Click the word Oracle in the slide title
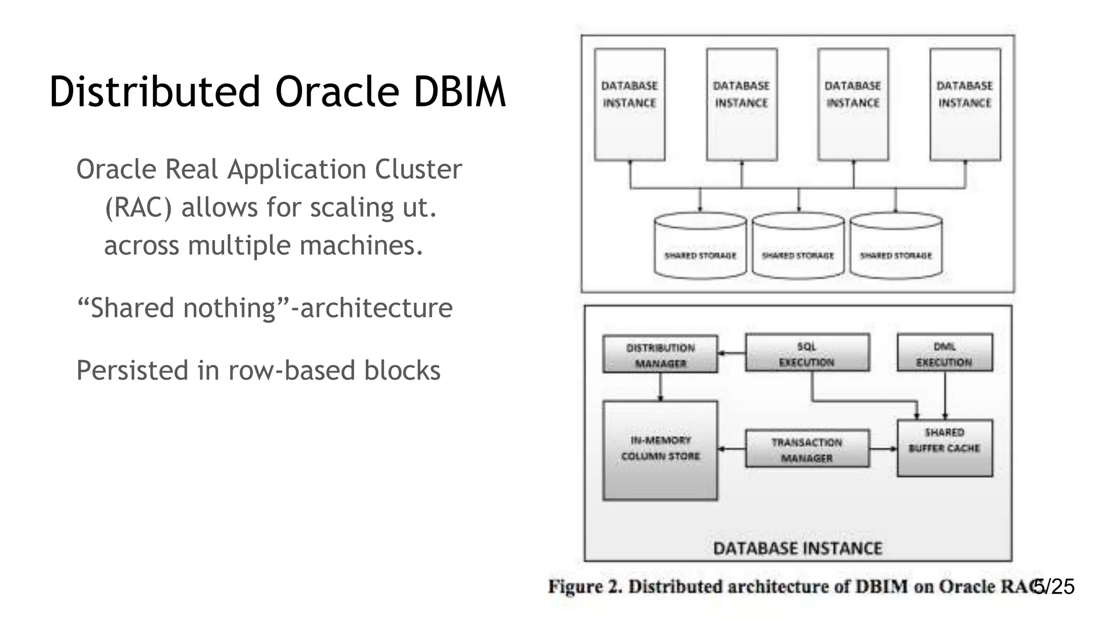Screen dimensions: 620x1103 pos(337,91)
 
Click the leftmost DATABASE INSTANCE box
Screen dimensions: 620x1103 pos(629,104)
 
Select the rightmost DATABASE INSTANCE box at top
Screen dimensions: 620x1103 pos(965,104)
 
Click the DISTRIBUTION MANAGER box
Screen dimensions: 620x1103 pos(660,354)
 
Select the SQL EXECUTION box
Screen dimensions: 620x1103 pos(807,353)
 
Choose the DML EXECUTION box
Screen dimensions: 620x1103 pos(944,353)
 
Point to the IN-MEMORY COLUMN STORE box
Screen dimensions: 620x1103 pos(660,450)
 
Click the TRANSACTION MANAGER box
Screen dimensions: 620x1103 pos(807,449)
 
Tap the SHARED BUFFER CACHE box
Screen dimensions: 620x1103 pos(944,448)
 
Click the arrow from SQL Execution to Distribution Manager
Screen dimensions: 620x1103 pos(731,354)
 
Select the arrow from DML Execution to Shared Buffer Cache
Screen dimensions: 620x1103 pos(945,396)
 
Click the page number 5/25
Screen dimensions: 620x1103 pos(1055,587)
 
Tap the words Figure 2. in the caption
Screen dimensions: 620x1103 pos(584,587)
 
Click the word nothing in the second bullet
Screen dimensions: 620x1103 pos(229,308)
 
